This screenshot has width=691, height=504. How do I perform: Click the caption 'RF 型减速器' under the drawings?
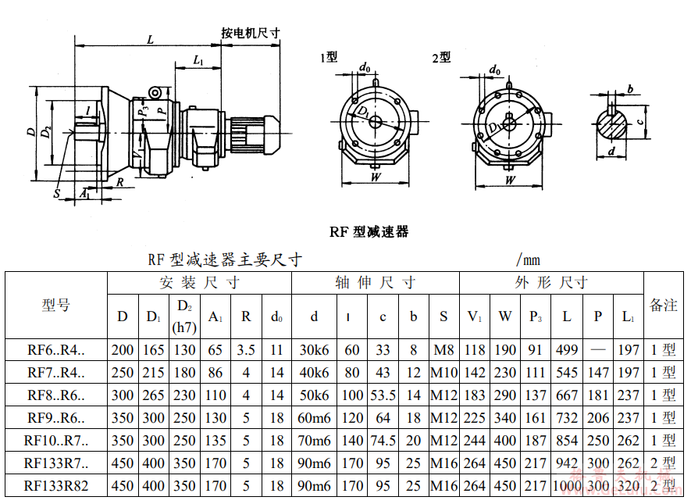(x=369, y=231)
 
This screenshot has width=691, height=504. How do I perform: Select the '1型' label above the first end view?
(x=329, y=57)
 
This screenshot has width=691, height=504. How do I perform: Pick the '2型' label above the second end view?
(x=441, y=57)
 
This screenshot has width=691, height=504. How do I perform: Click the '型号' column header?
(x=56, y=305)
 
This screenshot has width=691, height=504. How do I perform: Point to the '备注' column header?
(x=663, y=305)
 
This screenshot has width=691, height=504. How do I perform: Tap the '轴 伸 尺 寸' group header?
(x=375, y=283)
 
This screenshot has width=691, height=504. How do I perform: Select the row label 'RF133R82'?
(x=56, y=486)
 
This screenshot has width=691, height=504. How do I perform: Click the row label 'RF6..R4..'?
(x=56, y=350)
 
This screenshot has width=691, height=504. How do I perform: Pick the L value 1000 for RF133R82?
(x=567, y=486)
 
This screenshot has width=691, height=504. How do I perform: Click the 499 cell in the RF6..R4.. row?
(x=567, y=350)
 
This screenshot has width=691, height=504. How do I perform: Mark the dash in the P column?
(x=598, y=350)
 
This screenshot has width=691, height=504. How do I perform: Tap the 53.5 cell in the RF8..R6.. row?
(x=383, y=395)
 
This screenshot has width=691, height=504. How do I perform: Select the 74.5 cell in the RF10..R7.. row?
(x=383, y=441)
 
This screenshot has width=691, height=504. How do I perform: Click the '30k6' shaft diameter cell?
(x=314, y=350)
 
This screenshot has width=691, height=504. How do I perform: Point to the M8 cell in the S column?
(x=443, y=350)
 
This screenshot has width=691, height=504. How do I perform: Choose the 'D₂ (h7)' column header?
(x=184, y=316)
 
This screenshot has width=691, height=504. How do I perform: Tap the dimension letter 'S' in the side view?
(x=57, y=193)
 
